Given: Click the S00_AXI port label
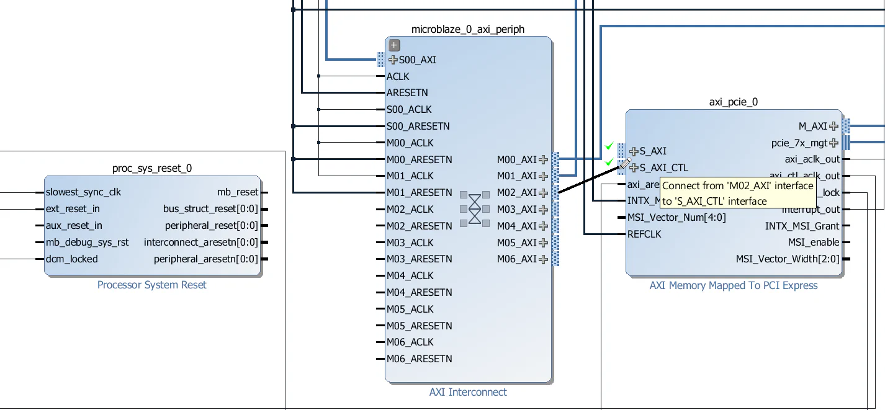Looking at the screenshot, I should (x=417, y=60).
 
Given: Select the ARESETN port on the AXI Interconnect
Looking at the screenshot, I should (x=407, y=93).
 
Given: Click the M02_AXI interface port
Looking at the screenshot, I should (x=517, y=193).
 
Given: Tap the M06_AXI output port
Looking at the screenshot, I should (x=517, y=259).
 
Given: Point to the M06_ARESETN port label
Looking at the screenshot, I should (x=419, y=359).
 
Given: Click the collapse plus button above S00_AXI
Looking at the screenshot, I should (x=394, y=45).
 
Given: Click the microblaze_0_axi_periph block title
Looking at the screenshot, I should (x=467, y=30).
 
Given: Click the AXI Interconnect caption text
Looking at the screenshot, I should (x=468, y=392).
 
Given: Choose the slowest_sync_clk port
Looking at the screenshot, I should (x=83, y=192).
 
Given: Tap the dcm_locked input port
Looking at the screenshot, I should (x=71, y=259).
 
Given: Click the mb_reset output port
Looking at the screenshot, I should (x=237, y=192).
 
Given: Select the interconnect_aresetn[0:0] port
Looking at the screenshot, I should (x=200, y=243).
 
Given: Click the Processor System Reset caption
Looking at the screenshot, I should (x=152, y=285).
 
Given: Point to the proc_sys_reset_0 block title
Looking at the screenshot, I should (x=152, y=169).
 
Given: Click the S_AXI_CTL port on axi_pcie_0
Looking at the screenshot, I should (x=663, y=167).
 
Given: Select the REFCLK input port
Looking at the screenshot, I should (x=644, y=234).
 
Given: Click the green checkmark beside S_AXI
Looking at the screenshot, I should (x=609, y=146).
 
